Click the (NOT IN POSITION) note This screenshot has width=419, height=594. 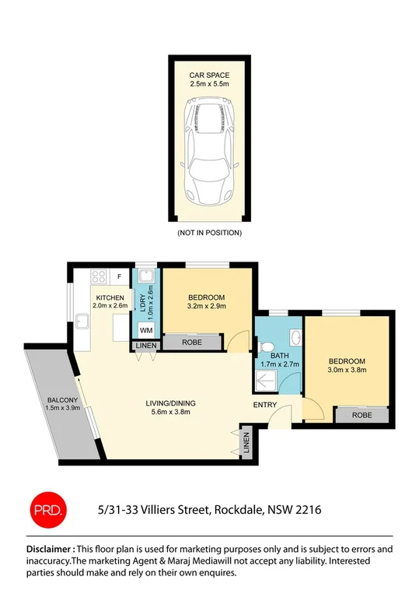click(x=208, y=233)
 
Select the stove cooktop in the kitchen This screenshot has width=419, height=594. click(x=99, y=276)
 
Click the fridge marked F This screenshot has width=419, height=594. click(x=119, y=276)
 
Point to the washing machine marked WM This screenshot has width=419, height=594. click(x=145, y=331)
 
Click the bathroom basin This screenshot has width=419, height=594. click(x=295, y=338)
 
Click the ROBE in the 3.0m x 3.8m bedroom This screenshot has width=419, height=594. click(x=361, y=415)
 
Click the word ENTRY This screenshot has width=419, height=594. click(x=265, y=406)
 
